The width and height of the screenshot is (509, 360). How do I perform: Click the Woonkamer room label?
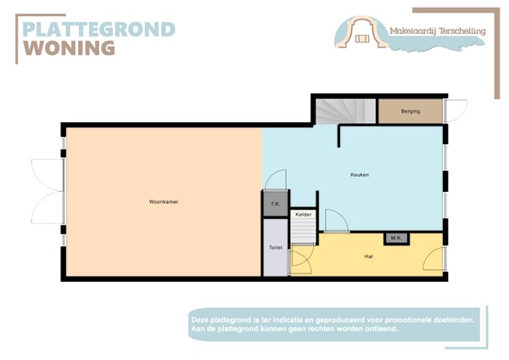pyautogui.click(x=163, y=201)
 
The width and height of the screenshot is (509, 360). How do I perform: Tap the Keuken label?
pyautogui.click(x=360, y=175)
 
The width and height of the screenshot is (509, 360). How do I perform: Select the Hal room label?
pyautogui.click(x=369, y=256)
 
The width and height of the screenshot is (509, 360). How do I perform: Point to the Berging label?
pyautogui.click(x=411, y=111)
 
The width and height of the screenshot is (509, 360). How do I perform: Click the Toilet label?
pyautogui.click(x=275, y=248)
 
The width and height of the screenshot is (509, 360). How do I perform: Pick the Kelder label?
pyautogui.click(x=304, y=215)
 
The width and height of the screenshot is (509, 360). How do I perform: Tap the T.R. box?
pyautogui.click(x=275, y=205)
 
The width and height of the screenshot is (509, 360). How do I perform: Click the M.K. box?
pyautogui.click(x=395, y=238)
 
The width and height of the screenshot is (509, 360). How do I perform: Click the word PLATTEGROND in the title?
pyautogui.click(x=98, y=30)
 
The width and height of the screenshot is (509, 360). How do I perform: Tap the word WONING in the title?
pyautogui.click(x=69, y=48)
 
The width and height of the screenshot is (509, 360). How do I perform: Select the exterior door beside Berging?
pyautogui.click(x=455, y=110)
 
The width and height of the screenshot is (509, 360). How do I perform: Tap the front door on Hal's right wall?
pyautogui.click(x=434, y=260)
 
